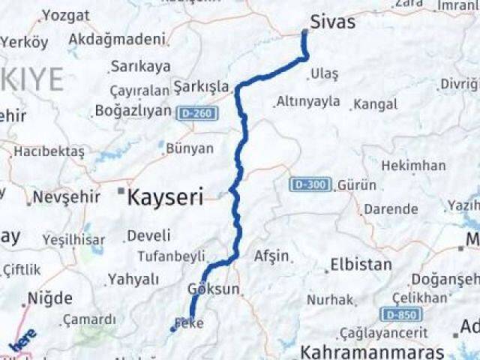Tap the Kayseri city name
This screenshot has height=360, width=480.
pos(166,197)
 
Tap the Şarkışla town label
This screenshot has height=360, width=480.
pos(200,86)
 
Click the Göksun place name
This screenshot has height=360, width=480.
pos(214,289)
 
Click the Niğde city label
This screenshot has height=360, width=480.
pos(49,298)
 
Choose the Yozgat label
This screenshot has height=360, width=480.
pos(65,15)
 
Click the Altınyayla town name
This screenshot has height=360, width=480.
pos(308,101)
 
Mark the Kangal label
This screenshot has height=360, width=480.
pos(375,104)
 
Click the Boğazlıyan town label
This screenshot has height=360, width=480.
pos(133,110)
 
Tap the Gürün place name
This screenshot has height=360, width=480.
pos(352,184)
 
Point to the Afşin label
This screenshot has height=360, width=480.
pos(271,256)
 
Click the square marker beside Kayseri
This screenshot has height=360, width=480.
pos(120,191)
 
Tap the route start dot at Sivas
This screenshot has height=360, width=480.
pos(304,32)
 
